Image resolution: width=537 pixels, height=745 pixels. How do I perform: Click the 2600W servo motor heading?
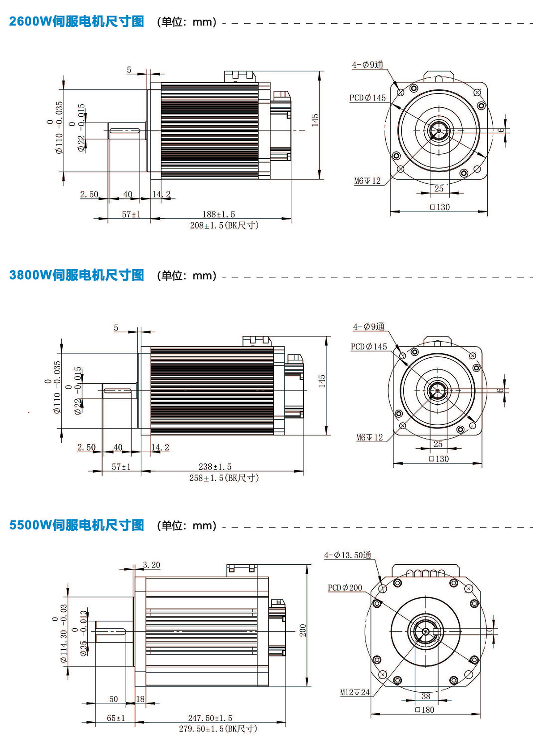(x=77, y=21)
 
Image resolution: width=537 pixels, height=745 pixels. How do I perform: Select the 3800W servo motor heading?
(x=77, y=275)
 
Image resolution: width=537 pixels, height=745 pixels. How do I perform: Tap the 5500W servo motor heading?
(x=77, y=525)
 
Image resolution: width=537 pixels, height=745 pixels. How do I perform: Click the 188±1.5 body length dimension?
(x=218, y=214)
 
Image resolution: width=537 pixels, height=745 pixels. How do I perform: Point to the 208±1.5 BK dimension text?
(x=224, y=225)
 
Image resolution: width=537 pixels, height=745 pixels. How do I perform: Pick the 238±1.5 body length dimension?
(x=215, y=466)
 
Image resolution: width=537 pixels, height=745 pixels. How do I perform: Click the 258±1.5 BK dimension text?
(x=224, y=478)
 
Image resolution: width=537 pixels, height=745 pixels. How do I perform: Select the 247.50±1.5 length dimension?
(x=210, y=718)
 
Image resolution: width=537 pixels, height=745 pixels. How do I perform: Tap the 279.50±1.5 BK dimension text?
(x=218, y=729)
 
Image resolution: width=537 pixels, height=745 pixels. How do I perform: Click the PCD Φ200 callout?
(x=345, y=588)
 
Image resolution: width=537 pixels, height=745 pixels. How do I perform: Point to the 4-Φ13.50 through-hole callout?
(x=348, y=555)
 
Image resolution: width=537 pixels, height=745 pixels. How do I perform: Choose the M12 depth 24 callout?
(x=355, y=692)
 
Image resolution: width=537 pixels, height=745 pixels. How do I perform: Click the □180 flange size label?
(x=425, y=710)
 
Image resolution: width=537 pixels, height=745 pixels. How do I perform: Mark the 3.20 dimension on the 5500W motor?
(x=151, y=565)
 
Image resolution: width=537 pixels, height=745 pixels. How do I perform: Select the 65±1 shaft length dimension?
(x=116, y=718)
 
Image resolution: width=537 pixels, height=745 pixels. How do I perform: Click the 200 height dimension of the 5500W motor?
(x=303, y=631)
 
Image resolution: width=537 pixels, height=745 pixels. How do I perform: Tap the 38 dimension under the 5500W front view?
(x=426, y=696)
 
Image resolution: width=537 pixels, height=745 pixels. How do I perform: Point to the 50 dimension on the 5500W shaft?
(x=114, y=699)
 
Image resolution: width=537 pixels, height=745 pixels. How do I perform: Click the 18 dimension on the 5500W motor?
(x=140, y=699)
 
